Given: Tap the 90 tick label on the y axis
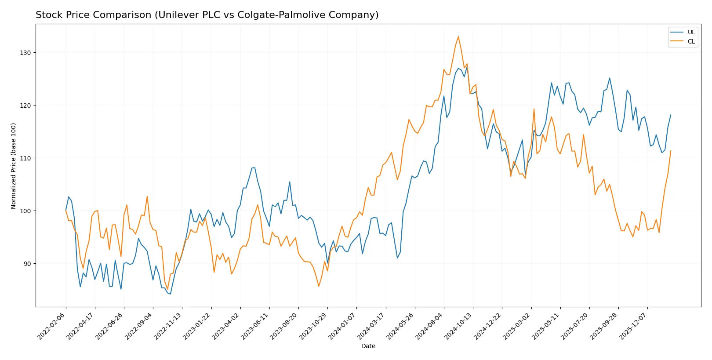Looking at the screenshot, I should (27, 264).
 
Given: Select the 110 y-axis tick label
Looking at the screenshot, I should (25, 158).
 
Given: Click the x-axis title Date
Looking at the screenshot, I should (368, 346).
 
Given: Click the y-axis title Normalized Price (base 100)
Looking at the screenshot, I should (14, 166).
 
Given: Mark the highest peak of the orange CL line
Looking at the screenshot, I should (458, 36).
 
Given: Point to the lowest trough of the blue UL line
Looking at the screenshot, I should (170, 294).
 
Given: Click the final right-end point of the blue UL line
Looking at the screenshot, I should (671, 115).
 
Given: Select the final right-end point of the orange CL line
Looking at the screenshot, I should (671, 151).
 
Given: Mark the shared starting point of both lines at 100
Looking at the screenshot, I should (66, 211).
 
